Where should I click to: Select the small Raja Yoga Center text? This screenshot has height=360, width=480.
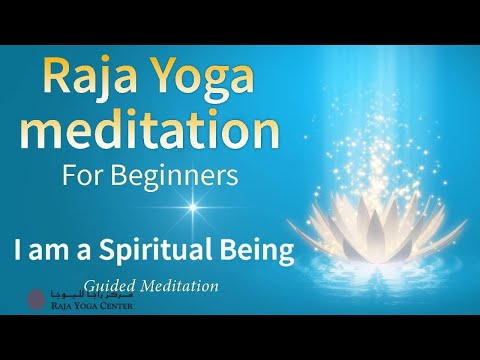[x=89, y=307]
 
